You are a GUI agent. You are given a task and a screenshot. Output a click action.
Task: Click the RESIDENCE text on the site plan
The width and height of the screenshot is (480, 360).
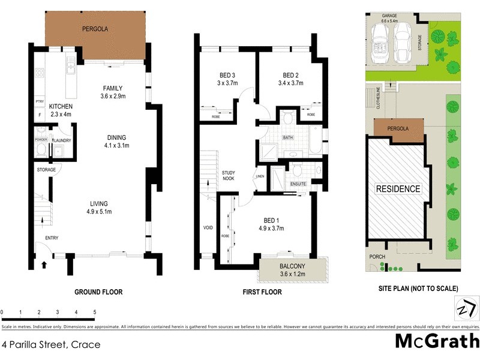398,189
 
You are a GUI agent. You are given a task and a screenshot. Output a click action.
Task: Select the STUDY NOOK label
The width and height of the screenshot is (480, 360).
227,175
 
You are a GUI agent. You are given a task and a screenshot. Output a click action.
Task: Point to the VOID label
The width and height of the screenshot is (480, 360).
208,228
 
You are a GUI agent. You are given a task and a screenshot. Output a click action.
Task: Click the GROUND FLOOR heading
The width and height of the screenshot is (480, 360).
98,292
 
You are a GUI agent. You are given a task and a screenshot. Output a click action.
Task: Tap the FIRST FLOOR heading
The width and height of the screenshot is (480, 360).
261,292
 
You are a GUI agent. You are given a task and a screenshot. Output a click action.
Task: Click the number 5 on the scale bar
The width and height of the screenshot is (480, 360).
94,313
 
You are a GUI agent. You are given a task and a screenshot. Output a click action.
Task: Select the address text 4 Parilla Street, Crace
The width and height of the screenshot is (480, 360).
51,344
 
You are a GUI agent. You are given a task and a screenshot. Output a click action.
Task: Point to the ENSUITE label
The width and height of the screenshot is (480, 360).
298,184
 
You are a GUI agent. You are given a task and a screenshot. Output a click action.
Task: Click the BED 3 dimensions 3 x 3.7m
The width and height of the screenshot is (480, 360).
227,83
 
